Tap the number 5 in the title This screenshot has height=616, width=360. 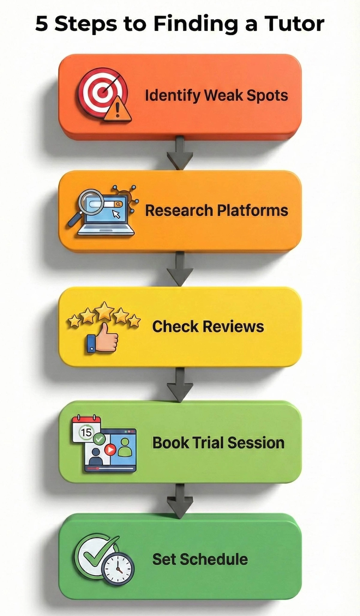[42, 24]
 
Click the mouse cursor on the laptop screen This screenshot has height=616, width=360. [116, 214]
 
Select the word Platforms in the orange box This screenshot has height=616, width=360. [252, 210]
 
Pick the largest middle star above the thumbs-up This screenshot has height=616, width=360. [104, 311]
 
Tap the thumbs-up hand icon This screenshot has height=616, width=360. [103, 338]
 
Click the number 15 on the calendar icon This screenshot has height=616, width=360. [86, 432]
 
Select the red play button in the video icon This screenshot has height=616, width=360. [110, 449]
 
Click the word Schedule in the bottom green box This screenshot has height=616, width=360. [214, 559]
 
